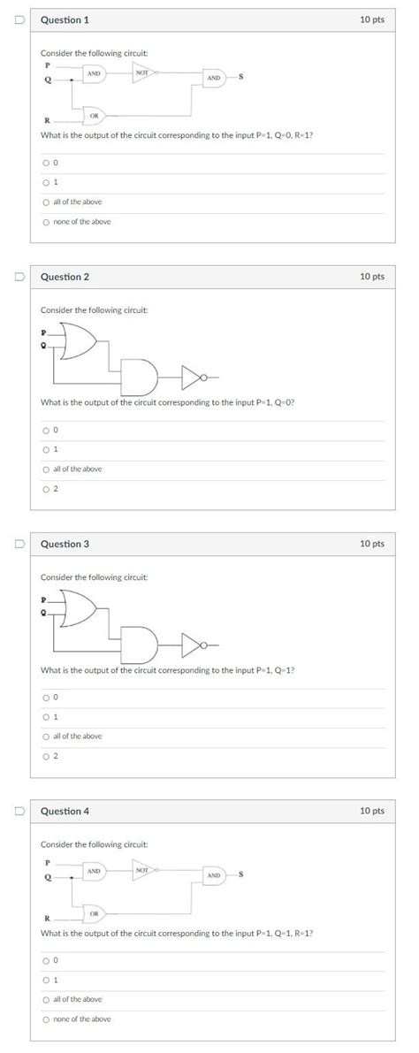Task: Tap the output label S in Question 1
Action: tap(240, 79)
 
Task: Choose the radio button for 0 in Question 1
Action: tap(45, 163)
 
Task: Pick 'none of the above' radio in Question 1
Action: tap(45, 221)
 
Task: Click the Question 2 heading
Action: tap(65, 277)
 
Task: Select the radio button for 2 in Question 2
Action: tap(45, 488)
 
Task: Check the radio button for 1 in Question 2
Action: tap(45, 449)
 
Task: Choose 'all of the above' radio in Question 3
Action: tap(45, 736)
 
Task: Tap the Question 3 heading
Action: tap(65, 544)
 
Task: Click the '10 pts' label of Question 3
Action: tap(372, 544)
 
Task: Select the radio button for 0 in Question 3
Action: tap(45, 697)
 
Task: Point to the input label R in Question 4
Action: tap(46, 918)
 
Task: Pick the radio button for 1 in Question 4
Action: tap(45, 980)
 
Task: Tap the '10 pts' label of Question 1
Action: tap(372, 19)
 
